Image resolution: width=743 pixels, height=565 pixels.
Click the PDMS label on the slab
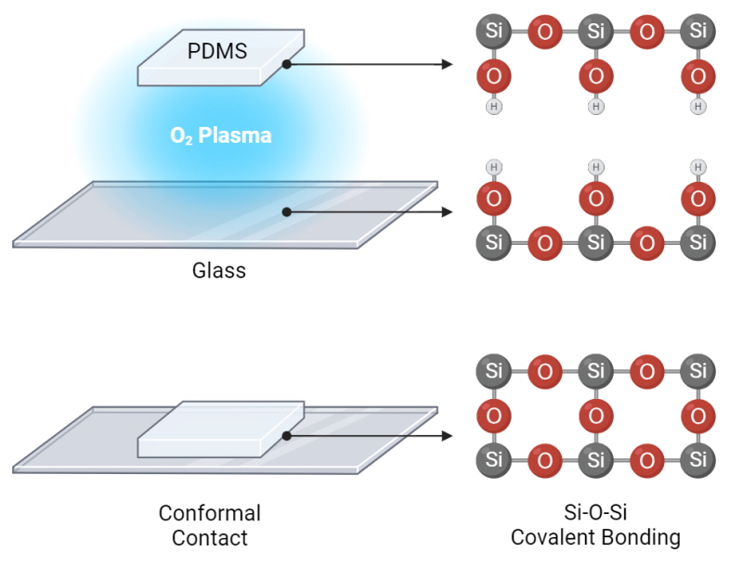217,51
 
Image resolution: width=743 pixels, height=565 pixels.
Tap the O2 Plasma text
221,135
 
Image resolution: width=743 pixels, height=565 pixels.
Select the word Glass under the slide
219,271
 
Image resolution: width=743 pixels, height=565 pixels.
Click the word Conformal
210,513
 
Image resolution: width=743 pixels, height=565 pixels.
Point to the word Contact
210,538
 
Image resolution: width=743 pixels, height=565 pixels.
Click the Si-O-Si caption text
595,512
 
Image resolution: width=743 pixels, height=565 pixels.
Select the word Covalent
549,537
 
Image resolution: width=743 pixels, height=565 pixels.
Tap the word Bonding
636,538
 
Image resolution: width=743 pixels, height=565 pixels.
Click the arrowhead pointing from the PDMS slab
447,64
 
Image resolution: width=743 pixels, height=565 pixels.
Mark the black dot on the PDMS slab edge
287,64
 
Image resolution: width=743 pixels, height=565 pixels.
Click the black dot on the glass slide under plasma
287,212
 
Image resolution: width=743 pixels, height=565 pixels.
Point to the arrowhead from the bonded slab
447,436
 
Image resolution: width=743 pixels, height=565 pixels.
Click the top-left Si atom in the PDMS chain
494,32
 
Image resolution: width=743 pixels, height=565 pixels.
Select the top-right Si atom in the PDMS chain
698,32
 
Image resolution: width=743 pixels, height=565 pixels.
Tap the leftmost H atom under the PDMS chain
494,107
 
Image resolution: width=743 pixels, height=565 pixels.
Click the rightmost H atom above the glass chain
698,167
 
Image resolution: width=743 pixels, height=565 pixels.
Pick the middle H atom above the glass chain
596,167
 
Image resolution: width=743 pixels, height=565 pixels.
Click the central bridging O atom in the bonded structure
596,416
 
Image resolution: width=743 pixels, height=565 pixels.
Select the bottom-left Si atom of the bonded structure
494,460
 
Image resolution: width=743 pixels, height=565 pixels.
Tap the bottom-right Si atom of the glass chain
698,243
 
